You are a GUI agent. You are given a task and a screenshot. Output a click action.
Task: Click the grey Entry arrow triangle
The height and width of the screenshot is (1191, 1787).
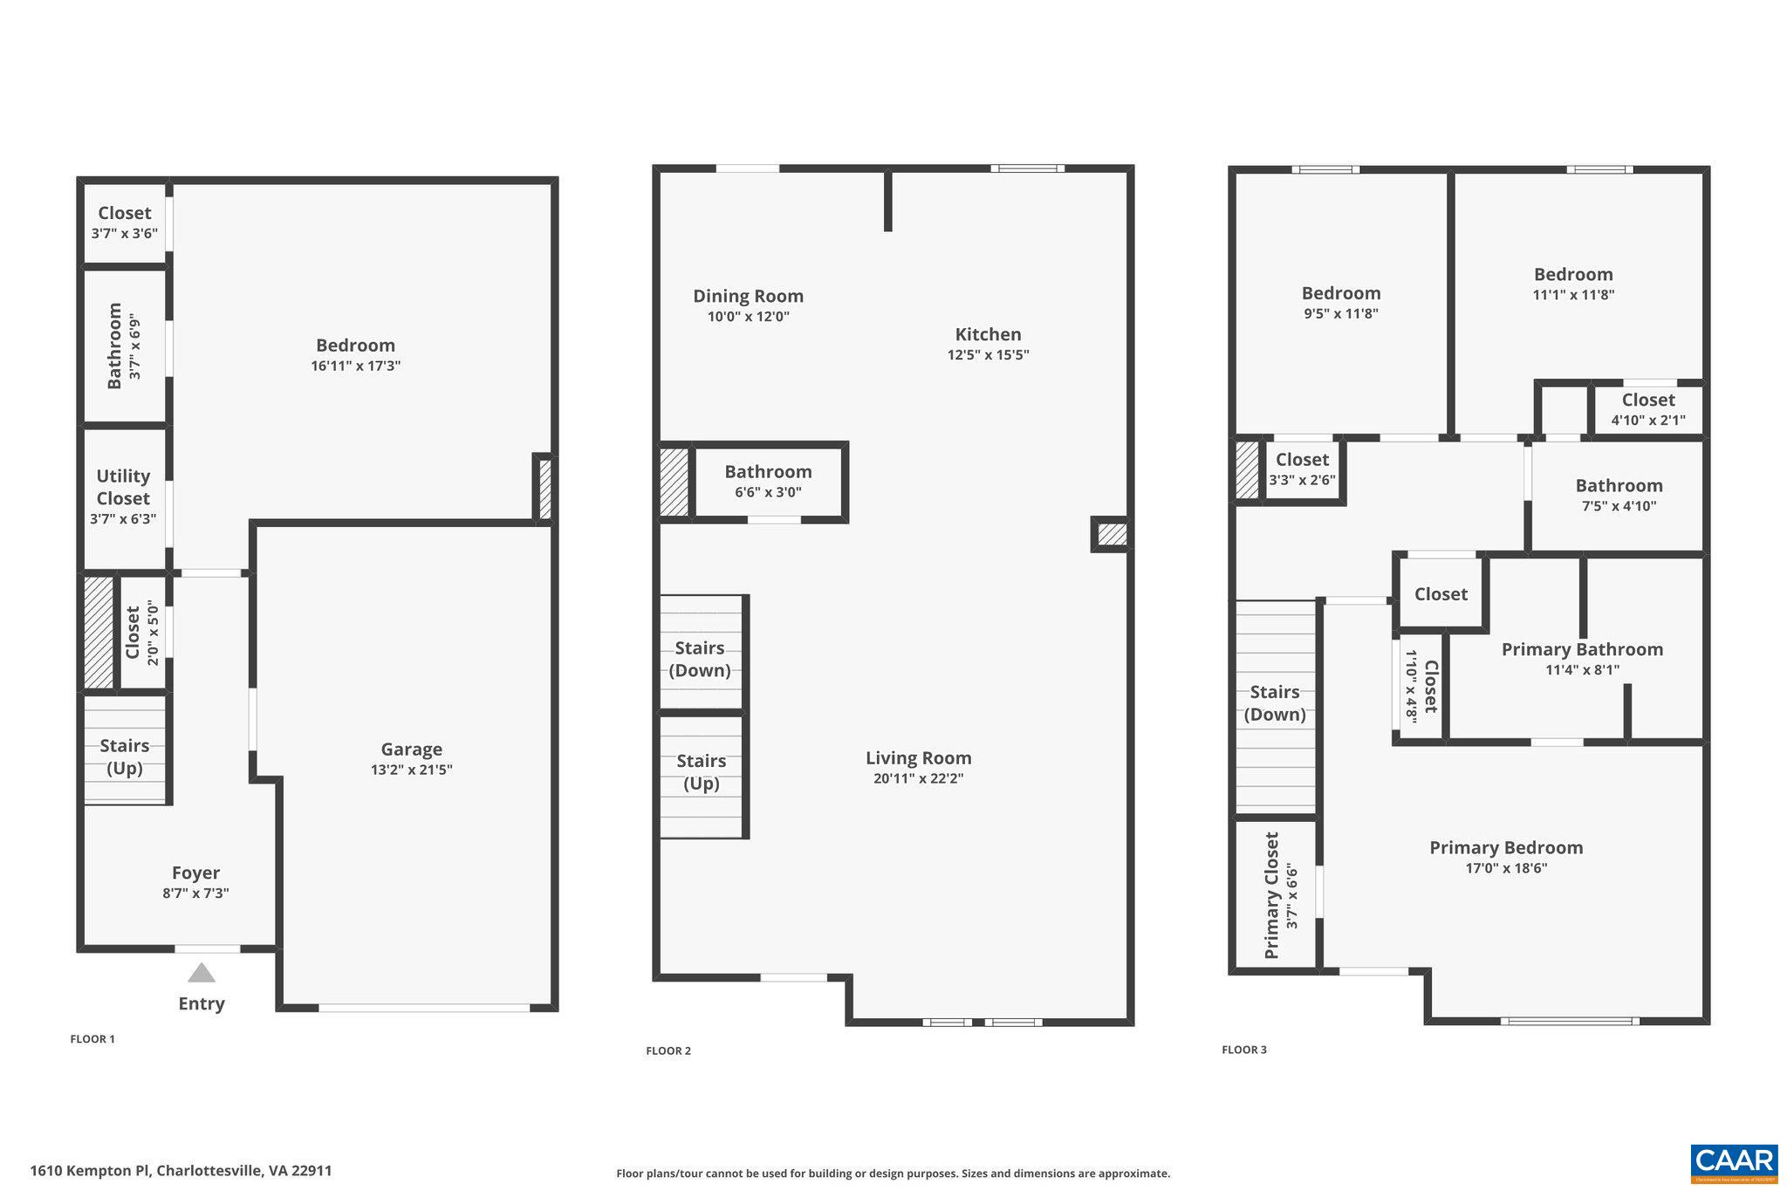202,973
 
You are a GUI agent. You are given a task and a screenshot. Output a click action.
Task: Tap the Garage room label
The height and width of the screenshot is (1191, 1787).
411,749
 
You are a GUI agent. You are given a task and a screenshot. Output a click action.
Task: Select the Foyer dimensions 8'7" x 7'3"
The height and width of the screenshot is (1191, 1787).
195,893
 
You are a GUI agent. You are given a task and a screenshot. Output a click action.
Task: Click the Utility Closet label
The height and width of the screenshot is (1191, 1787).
123,487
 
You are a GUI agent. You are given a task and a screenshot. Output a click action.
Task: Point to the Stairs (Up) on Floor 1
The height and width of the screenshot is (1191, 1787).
124,756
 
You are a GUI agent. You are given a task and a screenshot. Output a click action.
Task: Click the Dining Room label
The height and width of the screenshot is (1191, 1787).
748,296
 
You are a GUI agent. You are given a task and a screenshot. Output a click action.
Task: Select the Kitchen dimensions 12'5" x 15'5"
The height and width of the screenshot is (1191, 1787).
988,355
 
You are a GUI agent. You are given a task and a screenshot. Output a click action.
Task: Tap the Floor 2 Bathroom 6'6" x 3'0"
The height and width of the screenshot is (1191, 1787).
768,481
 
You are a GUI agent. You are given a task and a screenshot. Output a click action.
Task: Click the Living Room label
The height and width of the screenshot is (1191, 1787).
918,758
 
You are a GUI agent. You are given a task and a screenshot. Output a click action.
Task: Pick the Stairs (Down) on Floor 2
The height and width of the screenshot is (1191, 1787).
700,659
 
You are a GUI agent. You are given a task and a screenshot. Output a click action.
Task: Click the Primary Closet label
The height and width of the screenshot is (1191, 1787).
1271,895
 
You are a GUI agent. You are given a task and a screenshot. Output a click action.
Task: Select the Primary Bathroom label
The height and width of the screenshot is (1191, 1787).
1581,649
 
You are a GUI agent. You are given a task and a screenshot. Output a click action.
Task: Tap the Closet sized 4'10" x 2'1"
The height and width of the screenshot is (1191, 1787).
1647,409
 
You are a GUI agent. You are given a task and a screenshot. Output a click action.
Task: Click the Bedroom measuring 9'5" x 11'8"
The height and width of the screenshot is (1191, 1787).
1340,302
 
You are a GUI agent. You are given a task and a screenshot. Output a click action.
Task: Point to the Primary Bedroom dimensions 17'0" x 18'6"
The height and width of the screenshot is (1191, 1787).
1505,868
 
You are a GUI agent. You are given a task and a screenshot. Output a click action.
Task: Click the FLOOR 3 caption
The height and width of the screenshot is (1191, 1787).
1243,1050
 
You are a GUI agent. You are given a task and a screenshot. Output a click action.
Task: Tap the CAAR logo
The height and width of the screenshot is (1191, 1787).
1734,1163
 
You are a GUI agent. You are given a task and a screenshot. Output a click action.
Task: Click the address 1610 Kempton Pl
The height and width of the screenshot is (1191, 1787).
181,1171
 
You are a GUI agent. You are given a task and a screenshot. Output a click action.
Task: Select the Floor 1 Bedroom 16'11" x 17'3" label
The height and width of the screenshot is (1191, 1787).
355,354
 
